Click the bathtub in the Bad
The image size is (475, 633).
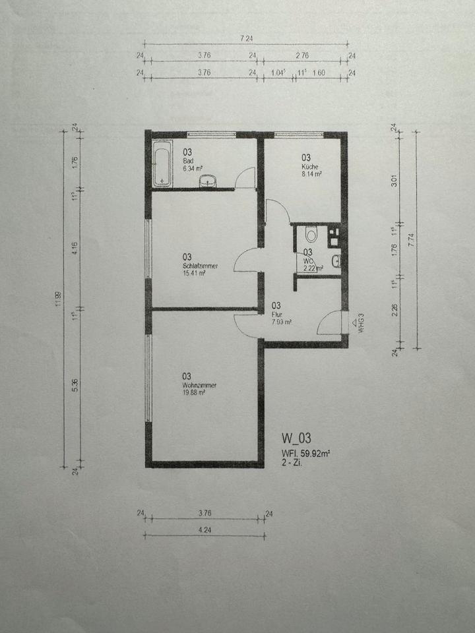162,164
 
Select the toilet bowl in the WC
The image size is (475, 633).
311,234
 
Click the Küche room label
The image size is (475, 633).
305,167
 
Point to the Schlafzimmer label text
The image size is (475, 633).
201,266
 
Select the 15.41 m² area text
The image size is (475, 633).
194,274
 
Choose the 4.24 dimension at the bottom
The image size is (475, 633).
204,529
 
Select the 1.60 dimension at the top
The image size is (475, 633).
319,73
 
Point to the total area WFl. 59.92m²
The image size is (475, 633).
306,453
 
